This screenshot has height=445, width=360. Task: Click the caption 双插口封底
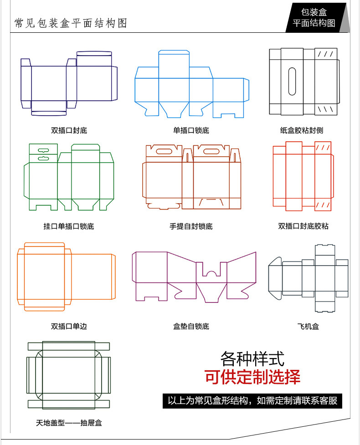pyautogui.click(x=69, y=130)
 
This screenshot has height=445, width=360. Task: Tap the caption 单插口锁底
pyautogui.click(x=191, y=130)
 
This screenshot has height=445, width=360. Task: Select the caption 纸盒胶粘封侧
pyautogui.click(x=301, y=130)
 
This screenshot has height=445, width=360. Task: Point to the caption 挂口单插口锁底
pyautogui.click(x=69, y=226)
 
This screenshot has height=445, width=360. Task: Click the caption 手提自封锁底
pyautogui.click(x=191, y=226)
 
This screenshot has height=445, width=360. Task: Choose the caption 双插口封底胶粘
pyautogui.click(x=303, y=226)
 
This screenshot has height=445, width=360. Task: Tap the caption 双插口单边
pyautogui.click(x=69, y=326)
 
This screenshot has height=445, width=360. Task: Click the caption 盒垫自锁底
pyautogui.click(x=191, y=326)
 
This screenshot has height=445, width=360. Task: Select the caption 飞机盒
pyautogui.click(x=308, y=326)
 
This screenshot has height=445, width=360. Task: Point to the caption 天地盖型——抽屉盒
pyautogui.click(x=69, y=423)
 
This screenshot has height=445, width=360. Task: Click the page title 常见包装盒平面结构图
pyautogui.click(x=71, y=23)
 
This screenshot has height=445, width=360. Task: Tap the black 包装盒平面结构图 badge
pyautogui.click(x=314, y=18)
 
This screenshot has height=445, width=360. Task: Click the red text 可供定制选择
pyautogui.click(x=252, y=378)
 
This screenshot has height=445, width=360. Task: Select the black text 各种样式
pyautogui.click(x=252, y=359)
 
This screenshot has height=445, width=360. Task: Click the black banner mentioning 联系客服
pyautogui.click(x=252, y=401)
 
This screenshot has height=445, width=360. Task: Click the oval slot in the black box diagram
pyautogui.click(x=292, y=82)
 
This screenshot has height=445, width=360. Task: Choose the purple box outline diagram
pyautogui.click(x=194, y=276)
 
